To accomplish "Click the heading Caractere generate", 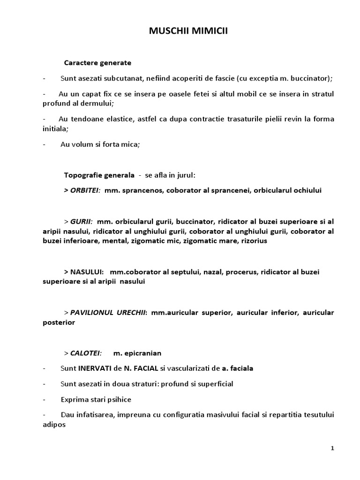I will pyautogui.click(x=97, y=62).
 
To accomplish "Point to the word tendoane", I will pyautogui.click(x=94, y=119).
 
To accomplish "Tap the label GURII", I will pyautogui.click(x=81, y=221).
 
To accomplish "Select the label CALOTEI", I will pyautogui.click(x=85, y=353).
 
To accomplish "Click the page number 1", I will pyautogui.click(x=332, y=448).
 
